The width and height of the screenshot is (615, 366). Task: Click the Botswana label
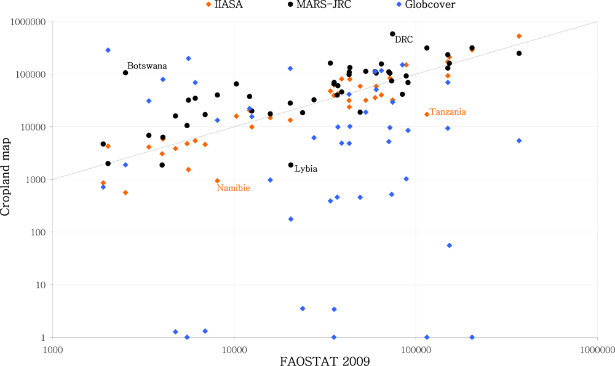147,66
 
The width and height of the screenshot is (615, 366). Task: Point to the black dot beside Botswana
125,73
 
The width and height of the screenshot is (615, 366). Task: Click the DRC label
403,40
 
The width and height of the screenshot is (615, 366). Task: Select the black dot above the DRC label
392,34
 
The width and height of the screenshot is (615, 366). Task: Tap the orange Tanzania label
447,112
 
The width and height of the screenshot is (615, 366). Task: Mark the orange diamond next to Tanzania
427,114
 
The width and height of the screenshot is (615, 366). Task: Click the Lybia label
306,169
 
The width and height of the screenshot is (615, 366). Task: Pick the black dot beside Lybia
291,165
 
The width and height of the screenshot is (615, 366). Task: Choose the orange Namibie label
233,188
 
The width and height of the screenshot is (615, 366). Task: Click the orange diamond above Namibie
217,181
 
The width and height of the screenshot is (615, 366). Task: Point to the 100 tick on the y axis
40,232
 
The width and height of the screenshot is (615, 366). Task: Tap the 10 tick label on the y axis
42,285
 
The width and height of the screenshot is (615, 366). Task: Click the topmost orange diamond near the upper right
519,36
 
